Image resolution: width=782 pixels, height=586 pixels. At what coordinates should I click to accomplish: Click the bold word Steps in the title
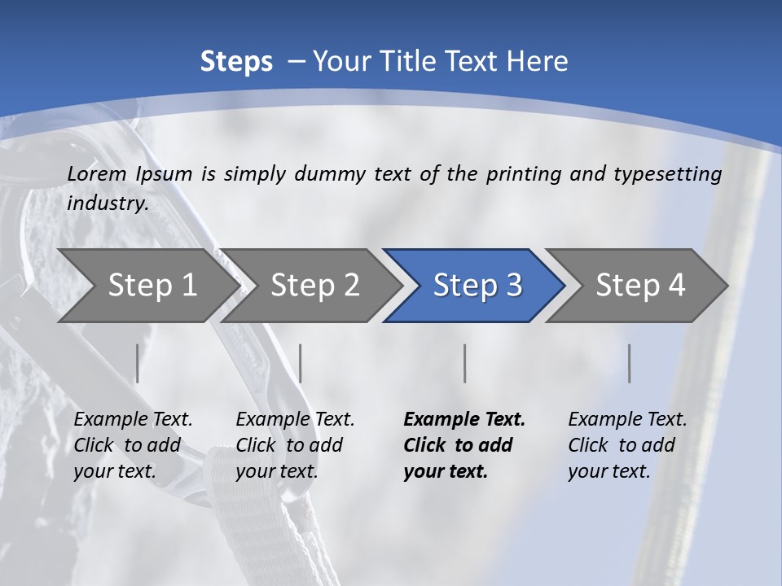click(x=236, y=62)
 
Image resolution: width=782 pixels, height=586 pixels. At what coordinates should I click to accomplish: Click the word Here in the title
click(x=538, y=62)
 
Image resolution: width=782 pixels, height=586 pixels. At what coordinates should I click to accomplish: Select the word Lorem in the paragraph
click(x=97, y=173)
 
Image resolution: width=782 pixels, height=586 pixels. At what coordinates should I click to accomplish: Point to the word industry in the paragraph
click(x=108, y=203)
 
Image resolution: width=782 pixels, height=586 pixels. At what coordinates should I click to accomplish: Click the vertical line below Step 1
click(x=138, y=363)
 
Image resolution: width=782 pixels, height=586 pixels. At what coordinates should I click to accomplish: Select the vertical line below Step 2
click(x=301, y=363)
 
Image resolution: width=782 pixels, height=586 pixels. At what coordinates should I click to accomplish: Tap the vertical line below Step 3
click(x=465, y=363)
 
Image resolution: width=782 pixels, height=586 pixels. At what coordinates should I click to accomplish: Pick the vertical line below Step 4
click(x=630, y=363)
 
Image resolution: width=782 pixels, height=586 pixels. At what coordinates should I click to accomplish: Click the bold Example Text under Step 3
click(x=464, y=419)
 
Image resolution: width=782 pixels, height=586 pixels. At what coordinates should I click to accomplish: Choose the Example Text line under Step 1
click(x=133, y=419)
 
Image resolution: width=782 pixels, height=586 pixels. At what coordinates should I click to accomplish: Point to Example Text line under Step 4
click(x=627, y=419)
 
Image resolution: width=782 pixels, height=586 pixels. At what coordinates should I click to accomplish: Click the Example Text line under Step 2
click(x=295, y=419)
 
